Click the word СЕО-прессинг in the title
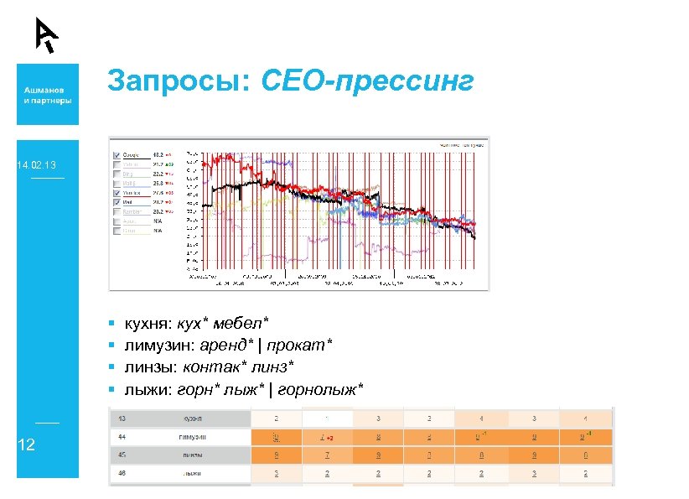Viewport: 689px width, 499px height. [368, 82]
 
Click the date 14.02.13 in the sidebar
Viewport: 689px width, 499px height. [37, 166]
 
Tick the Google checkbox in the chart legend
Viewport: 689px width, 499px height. [116, 155]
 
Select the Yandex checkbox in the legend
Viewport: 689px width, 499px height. [116, 193]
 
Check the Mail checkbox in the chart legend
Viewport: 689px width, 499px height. [116, 202]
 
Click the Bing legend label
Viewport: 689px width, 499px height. [129, 174]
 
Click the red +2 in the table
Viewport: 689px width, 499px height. [330, 438]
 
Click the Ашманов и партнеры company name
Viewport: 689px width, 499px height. [47, 94]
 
